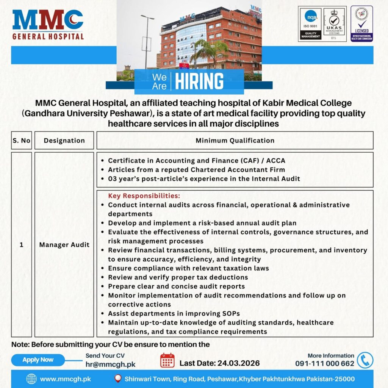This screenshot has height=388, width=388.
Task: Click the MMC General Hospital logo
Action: tap(48, 25)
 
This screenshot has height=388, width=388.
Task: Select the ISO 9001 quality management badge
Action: tap(310, 23)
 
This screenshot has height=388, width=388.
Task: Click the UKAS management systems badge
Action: tap(334, 23)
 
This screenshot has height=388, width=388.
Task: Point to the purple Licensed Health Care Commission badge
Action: tap(361, 23)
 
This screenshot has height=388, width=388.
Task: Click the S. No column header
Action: tap(21, 141)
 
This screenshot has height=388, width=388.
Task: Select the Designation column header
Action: tap(64, 141)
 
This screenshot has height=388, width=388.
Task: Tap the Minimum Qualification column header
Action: tap(235, 141)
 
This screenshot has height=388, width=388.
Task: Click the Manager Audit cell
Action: tap(64, 245)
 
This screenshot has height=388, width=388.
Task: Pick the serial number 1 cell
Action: tap(21, 245)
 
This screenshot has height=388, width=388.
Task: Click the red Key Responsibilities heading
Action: tap(144, 196)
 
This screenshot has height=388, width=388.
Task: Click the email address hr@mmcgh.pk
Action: tap(110, 365)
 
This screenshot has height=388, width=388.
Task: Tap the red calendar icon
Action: tap(167, 360)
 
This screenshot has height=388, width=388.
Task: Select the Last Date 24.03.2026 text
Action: tap(219, 363)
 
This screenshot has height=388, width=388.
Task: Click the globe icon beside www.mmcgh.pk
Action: tap(31, 379)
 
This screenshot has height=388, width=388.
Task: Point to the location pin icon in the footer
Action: tap(118, 379)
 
